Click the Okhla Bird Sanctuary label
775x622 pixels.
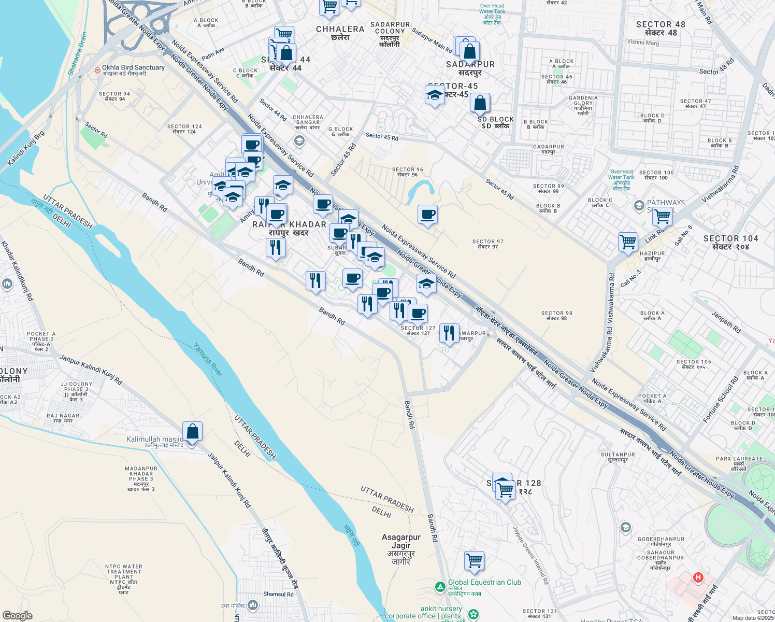click(133, 68)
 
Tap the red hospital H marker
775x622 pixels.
click(698, 577)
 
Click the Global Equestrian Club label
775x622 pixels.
click(484, 583)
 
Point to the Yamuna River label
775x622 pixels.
click(208, 359)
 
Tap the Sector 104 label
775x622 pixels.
click(730, 242)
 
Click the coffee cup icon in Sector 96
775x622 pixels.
click(428, 215)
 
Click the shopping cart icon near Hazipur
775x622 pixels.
click(628, 242)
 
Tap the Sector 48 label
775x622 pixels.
click(661, 28)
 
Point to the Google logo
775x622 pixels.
click(18, 616)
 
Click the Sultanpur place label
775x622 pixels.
click(618, 457)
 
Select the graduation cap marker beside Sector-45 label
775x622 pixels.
click(434, 95)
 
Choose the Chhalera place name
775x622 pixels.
click(340, 33)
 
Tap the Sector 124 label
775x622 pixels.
click(184, 129)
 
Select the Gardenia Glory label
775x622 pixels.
click(583, 105)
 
